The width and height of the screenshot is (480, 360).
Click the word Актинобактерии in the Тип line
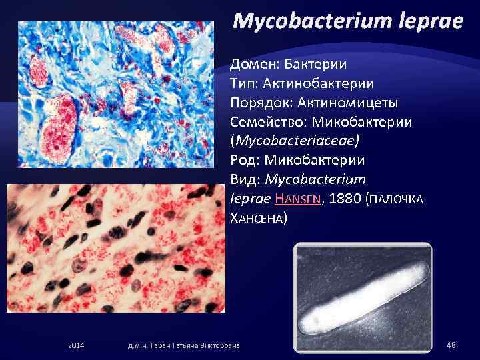point(331,84)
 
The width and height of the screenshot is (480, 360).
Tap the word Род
point(243,160)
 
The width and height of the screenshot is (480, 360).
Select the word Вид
point(245,179)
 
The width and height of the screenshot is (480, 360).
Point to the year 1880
point(345,199)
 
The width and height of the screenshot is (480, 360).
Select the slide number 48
point(451,344)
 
